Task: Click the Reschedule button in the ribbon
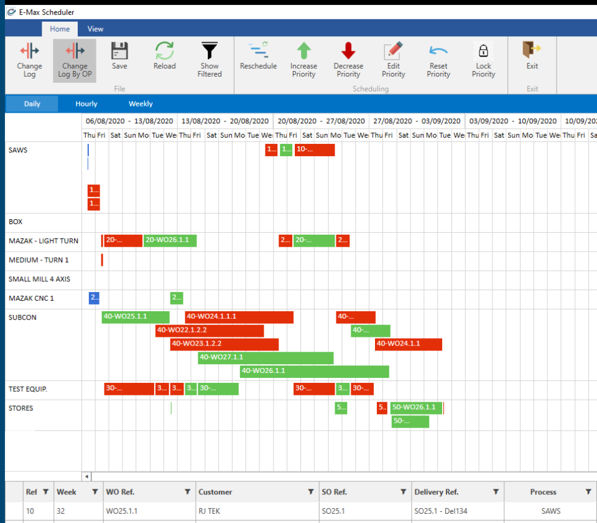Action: [x=258, y=57]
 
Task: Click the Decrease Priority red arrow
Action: [x=348, y=57]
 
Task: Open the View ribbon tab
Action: [x=95, y=29]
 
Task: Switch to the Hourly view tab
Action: [x=86, y=104]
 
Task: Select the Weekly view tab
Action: [x=141, y=104]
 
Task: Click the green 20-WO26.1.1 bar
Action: [x=170, y=240]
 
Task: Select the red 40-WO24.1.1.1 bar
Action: [x=239, y=317]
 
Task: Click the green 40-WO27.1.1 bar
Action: [x=266, y=357]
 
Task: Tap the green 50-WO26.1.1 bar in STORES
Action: [x=416, y=408]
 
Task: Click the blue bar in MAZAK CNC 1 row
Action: [x=94, y=298]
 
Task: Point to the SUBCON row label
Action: [x=23, y=318]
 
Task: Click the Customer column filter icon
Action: [x=310, y=492]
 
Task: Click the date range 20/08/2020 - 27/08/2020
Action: [x=322, y=121]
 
